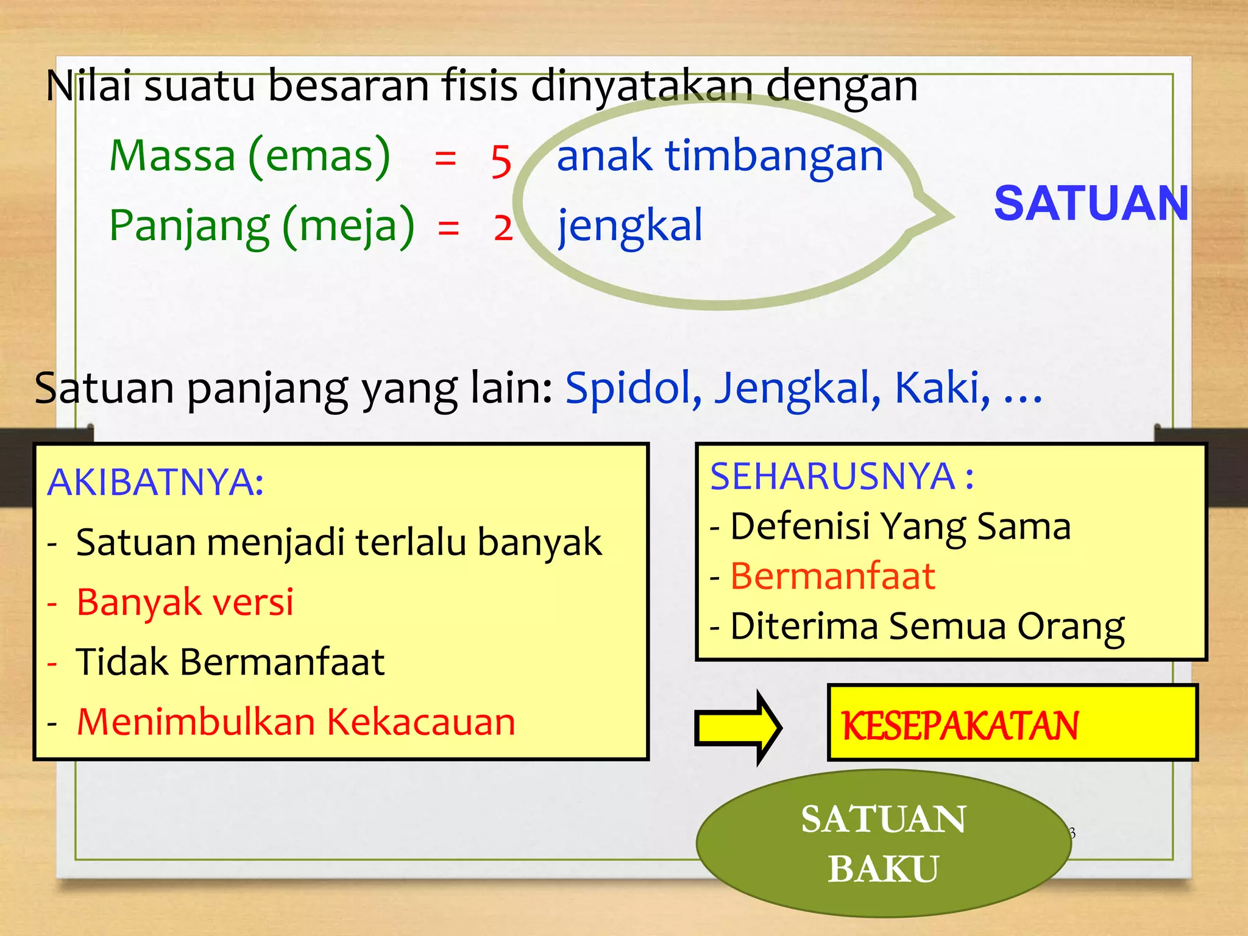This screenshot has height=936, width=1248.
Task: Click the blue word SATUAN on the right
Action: pos(1090,204)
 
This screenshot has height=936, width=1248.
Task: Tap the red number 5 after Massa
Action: pos(501,161)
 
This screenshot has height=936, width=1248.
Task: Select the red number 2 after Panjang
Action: pos(503,229)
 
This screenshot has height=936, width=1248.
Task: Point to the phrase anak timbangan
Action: pos(720,155)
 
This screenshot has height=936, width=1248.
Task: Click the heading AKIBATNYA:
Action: pos(155,482)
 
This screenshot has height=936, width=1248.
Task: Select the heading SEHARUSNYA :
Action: pos(842,477)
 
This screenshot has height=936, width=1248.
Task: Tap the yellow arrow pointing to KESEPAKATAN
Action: pos(738,727)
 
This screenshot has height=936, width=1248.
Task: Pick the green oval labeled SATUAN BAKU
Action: pos(883,843)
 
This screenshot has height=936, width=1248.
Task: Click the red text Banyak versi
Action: pos(185,602)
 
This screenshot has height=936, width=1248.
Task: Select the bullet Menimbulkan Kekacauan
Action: pos(296,722)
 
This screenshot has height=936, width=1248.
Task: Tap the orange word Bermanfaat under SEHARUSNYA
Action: pos(832,576)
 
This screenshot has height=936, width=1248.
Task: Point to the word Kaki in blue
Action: pos(941,388)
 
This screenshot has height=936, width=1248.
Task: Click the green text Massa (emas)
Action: pos(249,156)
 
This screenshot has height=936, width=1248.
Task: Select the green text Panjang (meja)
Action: pos(261,225)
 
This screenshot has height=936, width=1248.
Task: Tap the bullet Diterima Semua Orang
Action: pos(926,626)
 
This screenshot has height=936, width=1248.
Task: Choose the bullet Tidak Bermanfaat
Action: pos(230,662)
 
